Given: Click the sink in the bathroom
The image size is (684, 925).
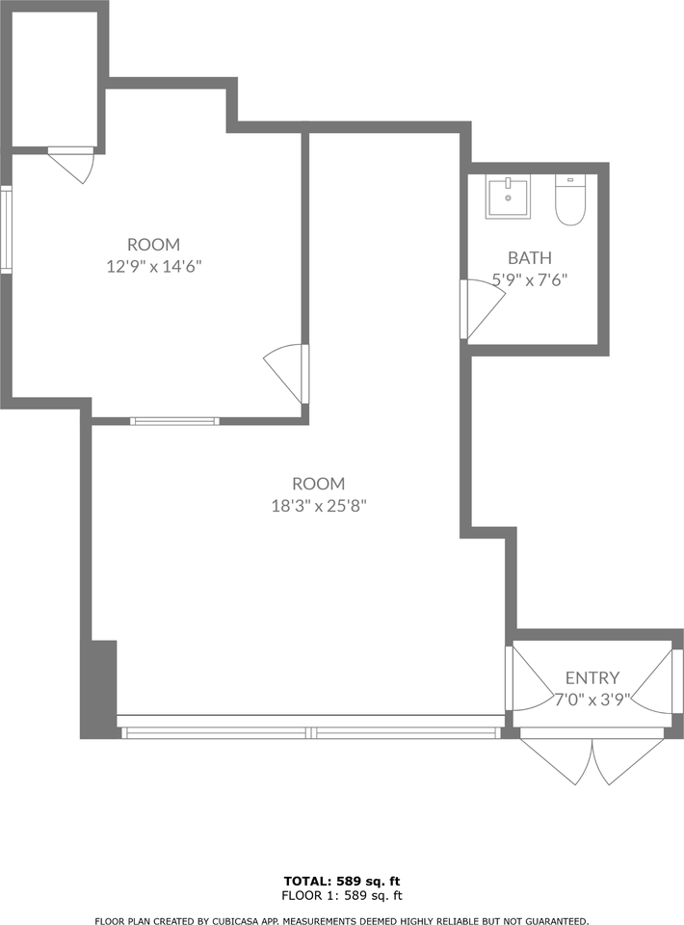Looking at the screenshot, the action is [x=508, y=197].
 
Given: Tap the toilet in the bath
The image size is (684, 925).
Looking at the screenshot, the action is [x=569, y=200].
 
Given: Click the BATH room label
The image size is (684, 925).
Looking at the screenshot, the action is [x=530, y=258].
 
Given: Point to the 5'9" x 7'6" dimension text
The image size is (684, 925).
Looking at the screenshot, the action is [x=530, y=279].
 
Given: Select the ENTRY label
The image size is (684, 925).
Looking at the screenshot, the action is [x=592, y=677].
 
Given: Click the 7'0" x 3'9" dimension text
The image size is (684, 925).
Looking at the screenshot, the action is [x=592, y=700].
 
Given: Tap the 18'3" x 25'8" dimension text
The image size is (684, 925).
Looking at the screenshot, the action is [x=319, y=506].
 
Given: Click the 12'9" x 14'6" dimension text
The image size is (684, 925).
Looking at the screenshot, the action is [x=154, y=266].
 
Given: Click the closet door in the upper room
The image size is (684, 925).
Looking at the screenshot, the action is [x=70, y=165].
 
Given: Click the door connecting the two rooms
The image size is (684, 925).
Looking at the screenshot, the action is [x=286, y=374].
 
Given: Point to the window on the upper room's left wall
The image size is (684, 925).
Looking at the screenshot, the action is [x=6, y=229].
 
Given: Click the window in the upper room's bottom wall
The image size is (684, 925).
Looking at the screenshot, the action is [x=174, y=421].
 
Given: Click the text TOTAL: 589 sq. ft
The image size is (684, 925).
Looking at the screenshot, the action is [x=342, y=882].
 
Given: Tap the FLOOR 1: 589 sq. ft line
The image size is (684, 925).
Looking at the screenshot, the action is [x=342, y=895].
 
